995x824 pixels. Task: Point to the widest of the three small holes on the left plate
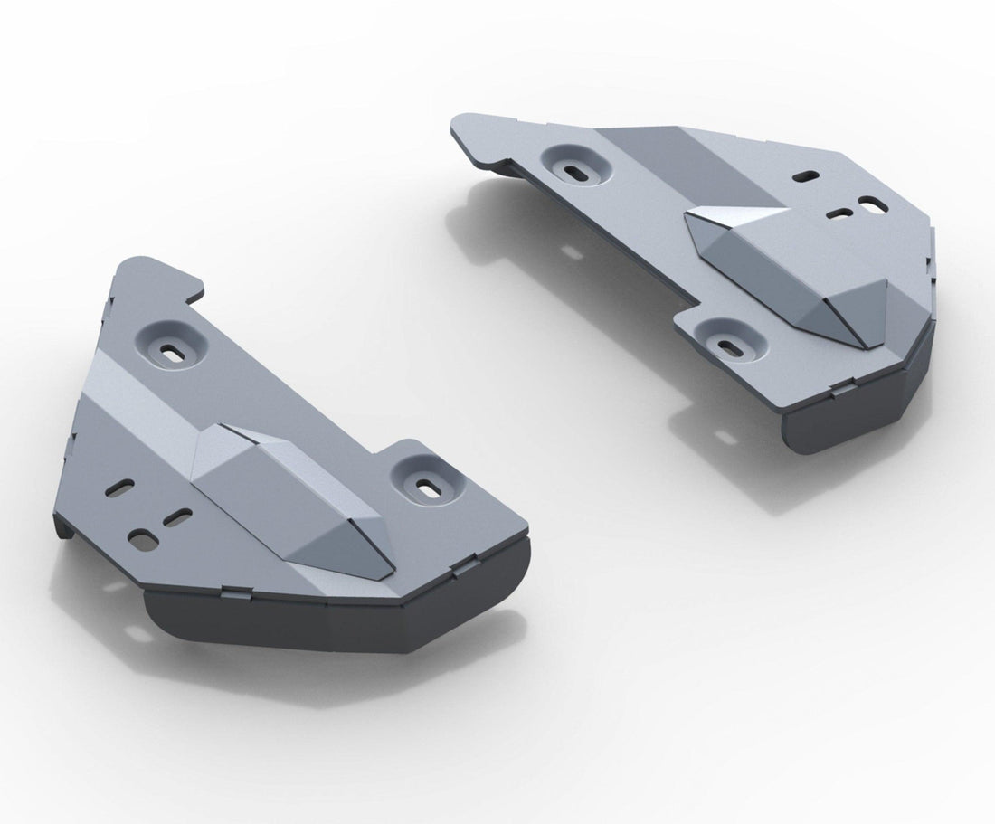tap(141, 540)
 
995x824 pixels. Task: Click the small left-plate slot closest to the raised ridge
tap(178, 517)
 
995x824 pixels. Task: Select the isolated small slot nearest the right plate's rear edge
tap(805, 176)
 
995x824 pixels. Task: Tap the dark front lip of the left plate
tap(326, 624)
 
